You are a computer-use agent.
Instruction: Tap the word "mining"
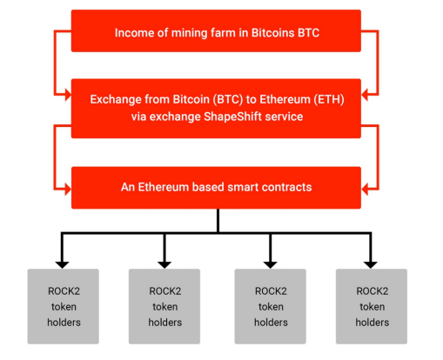(190, 33)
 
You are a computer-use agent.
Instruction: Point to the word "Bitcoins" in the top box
(272, 33)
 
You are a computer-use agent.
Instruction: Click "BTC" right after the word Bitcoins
(309, 33)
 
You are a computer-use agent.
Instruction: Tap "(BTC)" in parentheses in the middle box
(228, 99)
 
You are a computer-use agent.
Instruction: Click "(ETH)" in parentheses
(329, 99)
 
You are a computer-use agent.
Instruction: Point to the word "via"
(138, 117)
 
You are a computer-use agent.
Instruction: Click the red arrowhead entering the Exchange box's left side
(68, 95)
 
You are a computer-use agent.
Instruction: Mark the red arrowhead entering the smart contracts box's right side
(365, 190)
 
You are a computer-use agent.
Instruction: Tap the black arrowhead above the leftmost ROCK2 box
(62, 265)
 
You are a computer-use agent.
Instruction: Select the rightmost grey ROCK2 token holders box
(372, 306)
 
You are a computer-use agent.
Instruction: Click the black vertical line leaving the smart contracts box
(218, 221)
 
